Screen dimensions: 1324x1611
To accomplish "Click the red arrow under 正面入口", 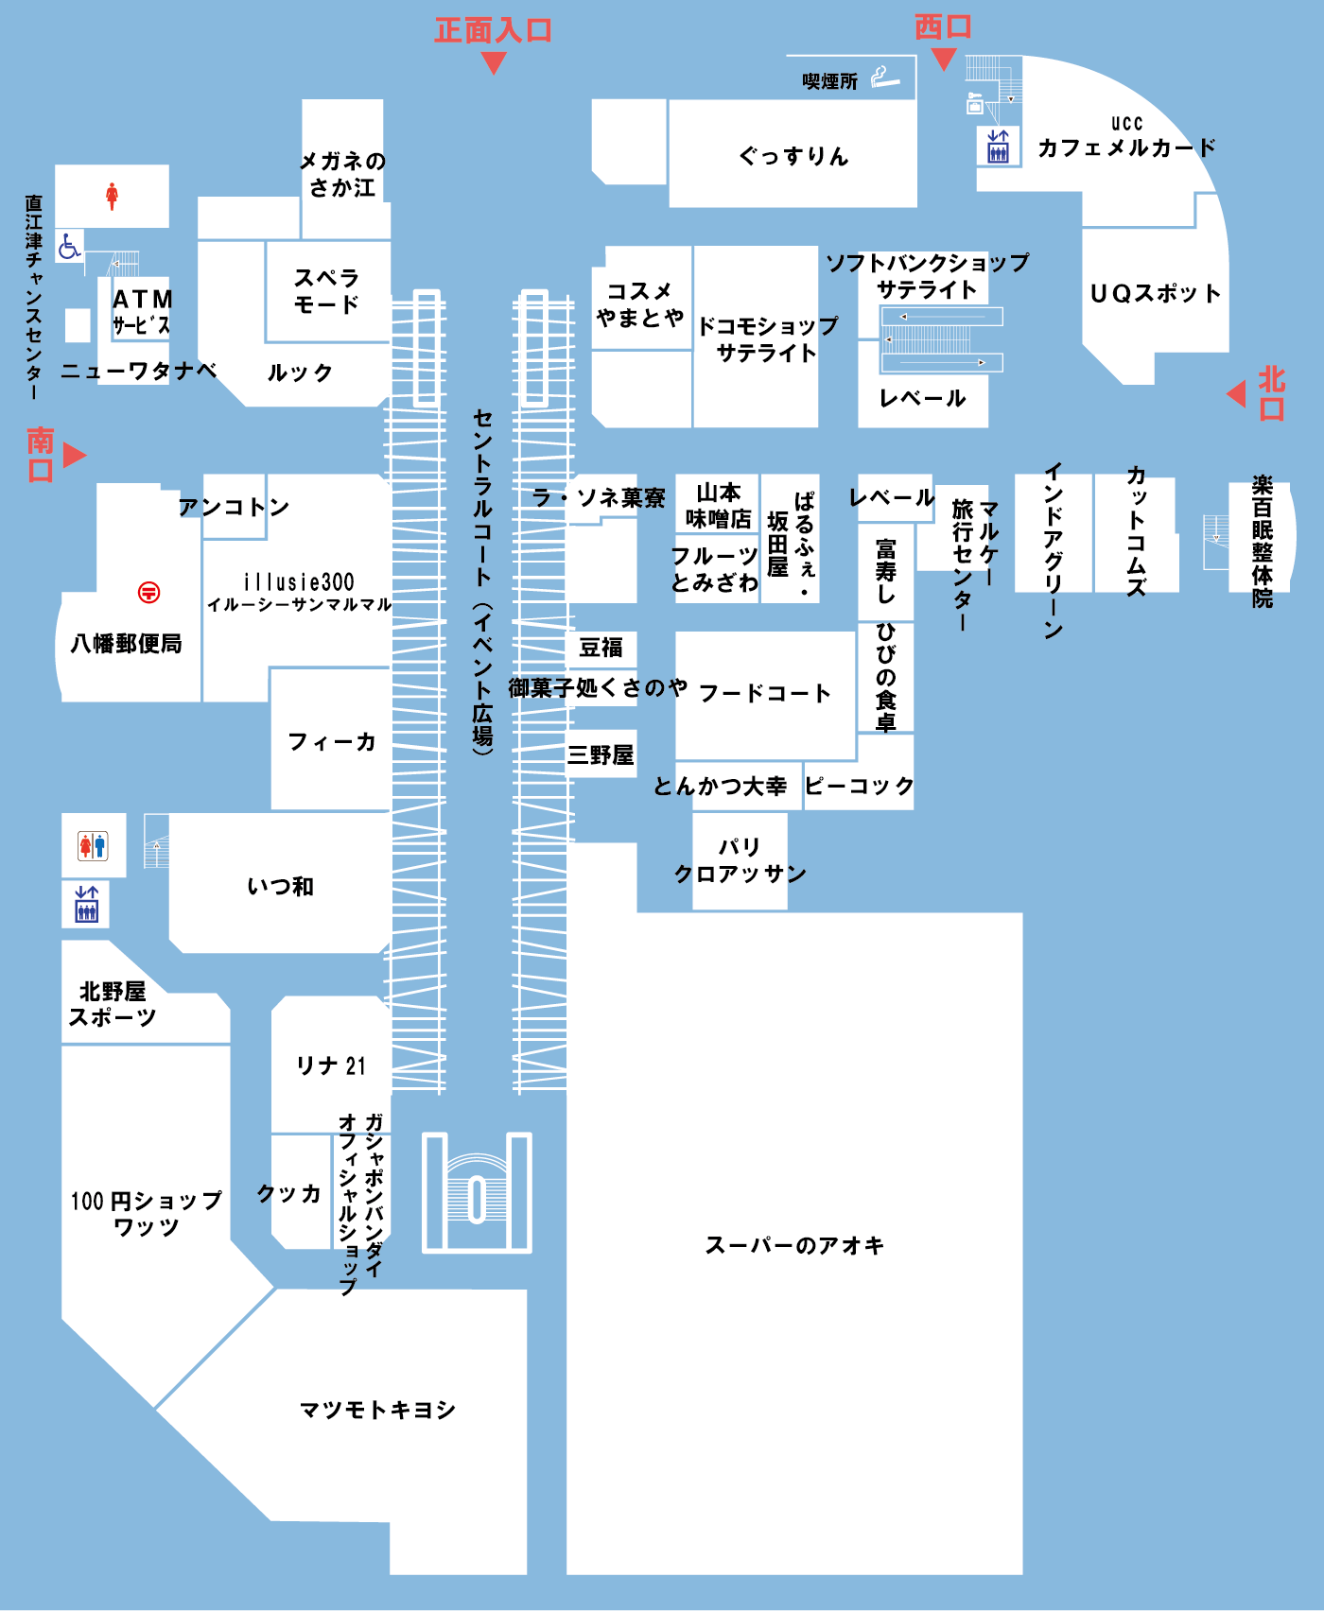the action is (x=494, y=63).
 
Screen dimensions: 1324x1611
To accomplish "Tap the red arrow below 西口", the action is (x=944, y=60).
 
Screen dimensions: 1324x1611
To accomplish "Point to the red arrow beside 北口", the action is (x=1236, y=393).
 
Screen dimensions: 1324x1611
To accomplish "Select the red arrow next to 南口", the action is (x=75, y=456).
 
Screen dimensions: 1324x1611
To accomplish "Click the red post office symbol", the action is (x=148, y=593).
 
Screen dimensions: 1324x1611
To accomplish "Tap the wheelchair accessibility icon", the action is (x=69, y=246).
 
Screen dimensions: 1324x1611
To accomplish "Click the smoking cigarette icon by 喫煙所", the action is (x=885, y=78).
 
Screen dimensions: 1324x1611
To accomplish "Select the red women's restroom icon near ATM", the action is (x=112, y=197).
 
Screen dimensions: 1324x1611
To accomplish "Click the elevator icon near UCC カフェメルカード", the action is (x=998, y=147).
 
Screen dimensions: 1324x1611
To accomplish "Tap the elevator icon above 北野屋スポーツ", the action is (x=87, y=904).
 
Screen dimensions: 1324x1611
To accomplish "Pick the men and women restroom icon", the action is (x=93, y=845).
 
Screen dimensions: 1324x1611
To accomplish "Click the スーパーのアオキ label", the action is (x=794, y=1246).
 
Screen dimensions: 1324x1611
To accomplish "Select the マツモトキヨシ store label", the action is (x=378, y=1411).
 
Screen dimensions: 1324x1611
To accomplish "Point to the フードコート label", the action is (x=765, y=693).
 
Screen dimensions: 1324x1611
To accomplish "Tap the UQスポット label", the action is (x=1155, y=294).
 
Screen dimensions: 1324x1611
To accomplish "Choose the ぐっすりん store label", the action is (x=793, y=156).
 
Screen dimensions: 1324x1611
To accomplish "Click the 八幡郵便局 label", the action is (x=127, y=644).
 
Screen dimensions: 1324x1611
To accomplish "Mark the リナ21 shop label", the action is (x=331, y=1065).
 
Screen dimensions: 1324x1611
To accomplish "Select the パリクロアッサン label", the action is (x=740, y=860).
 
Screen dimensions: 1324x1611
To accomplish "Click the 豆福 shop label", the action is (x=601, y=648).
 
